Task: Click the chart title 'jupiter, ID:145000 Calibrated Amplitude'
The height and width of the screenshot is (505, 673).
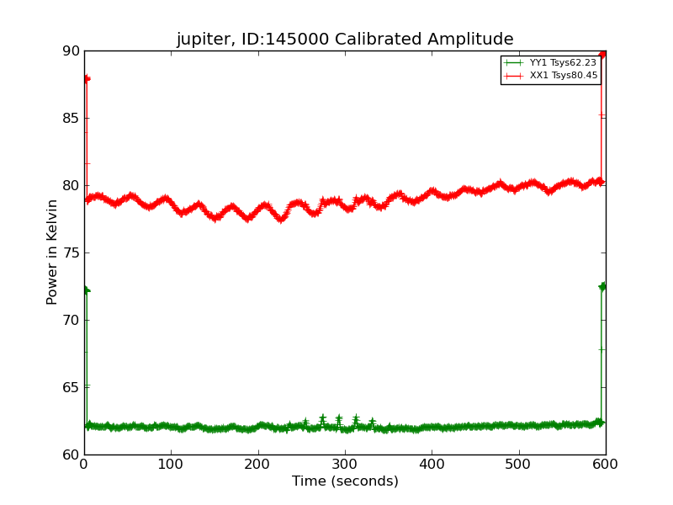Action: [x=345, y=40]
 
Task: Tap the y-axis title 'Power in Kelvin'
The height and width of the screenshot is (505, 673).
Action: [x=52, y=252]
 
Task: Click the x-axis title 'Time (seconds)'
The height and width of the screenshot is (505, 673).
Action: [x=345, y=481]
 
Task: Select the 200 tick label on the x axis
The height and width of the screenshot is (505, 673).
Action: [x=258, y=464]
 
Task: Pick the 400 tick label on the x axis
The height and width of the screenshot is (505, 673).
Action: [x=432, y=464]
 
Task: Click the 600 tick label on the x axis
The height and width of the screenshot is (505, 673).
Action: [x=606, y=464]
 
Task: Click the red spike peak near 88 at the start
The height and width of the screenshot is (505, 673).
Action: [x=86, y=78]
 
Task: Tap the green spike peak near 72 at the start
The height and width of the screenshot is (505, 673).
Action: [x=86, y=290]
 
